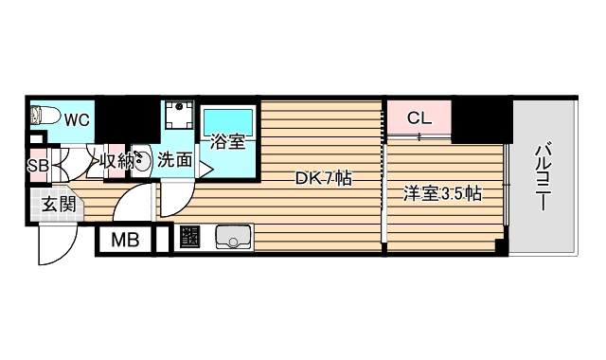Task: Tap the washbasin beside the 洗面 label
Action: click(138, 159)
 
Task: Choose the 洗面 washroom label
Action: click(174, 160)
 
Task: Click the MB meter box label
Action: click(125, 240)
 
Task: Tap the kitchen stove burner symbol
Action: click(189, 238)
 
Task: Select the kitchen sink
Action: click(233, 237)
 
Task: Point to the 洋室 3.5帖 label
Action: click(443, 195)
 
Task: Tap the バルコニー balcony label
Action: click(544, 175)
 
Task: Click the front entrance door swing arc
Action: click(47, 248)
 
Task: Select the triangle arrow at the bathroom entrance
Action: click(205, 171)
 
